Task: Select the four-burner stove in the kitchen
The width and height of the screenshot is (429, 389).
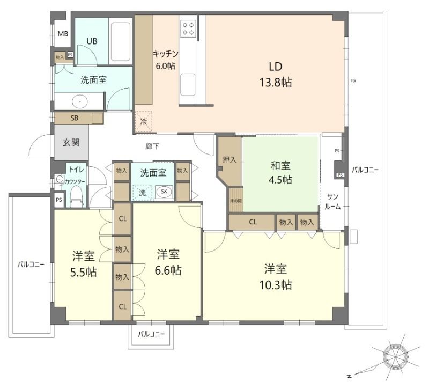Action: (x=188, y=28)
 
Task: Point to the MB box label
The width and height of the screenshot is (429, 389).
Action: (x=63, y=34)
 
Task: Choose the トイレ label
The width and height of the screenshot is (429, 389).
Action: (x=75, y=170)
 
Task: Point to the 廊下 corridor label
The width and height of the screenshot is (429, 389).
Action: (x=152, y=146)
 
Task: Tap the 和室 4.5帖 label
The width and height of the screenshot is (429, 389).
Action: (x=281, y=172)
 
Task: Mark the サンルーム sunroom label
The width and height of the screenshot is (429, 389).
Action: (x=333, y=202)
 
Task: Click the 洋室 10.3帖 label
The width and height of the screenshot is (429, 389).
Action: (x=277, y=276)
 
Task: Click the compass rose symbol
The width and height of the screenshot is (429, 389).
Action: (x=397, y=355)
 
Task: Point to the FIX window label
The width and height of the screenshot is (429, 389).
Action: (x=353, y=81)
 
